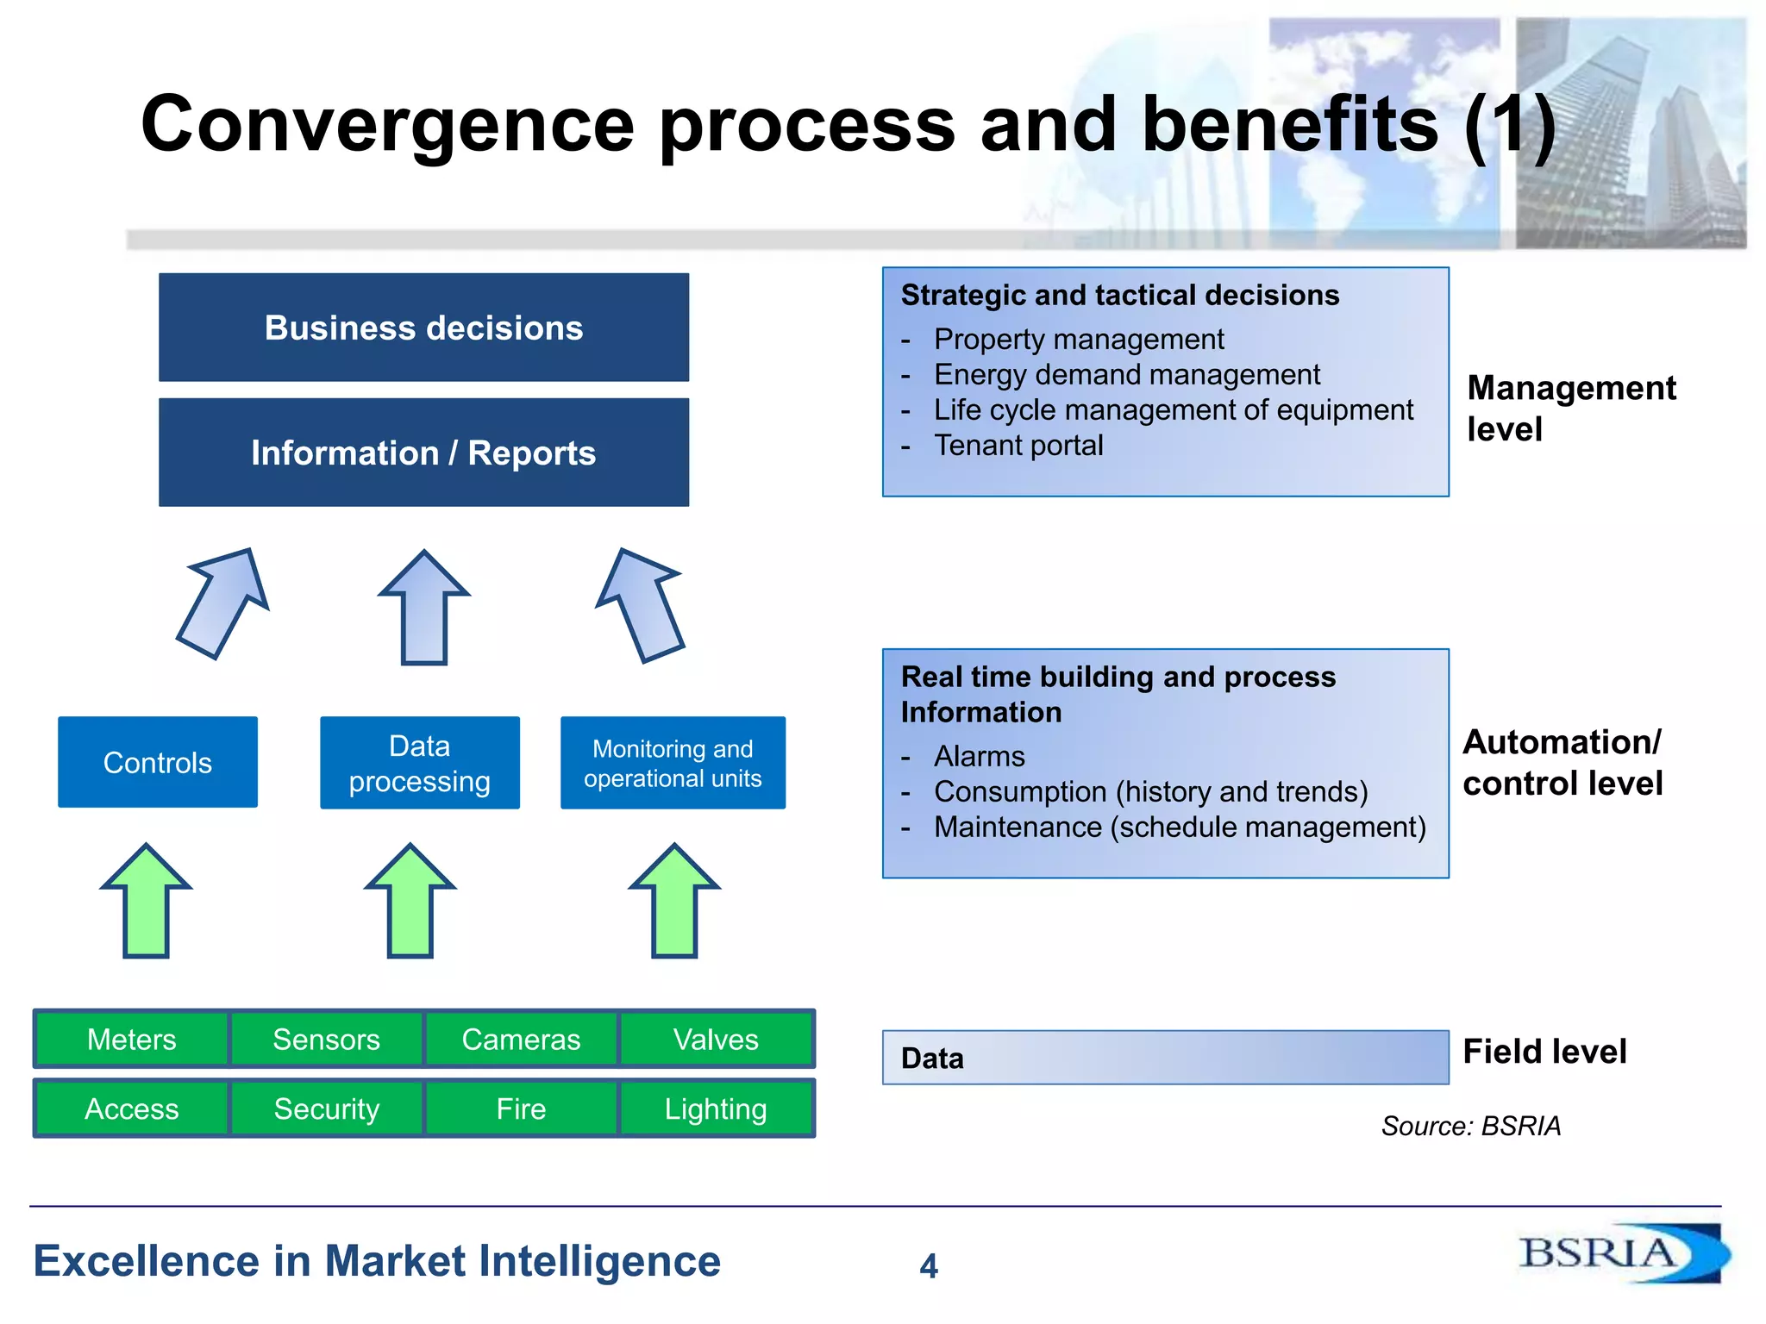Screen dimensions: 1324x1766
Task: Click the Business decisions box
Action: point(423,328)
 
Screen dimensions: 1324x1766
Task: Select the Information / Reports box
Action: point(423,453)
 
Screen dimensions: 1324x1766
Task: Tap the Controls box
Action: point(158,762)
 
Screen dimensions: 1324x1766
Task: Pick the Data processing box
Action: point(419,763)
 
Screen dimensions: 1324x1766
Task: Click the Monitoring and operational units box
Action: point(673,763)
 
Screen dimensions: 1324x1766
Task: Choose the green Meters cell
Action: point(132,1039)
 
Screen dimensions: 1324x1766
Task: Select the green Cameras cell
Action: point(521,1039)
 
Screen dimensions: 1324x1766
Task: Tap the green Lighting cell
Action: point(716,1109)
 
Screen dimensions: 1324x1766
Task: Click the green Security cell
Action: point(326,1109)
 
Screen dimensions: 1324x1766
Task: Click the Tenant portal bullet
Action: point(1018,446)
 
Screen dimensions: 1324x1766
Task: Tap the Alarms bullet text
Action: point(980,757)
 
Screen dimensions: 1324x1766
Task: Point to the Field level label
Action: point(1544,1052)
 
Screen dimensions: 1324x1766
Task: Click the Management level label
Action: point(1570,409)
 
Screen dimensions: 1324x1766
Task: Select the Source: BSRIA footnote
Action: point(1471,1126)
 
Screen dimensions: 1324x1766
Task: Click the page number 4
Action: point(929,1265)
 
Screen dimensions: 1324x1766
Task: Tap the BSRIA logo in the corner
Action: point(1621,1253)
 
